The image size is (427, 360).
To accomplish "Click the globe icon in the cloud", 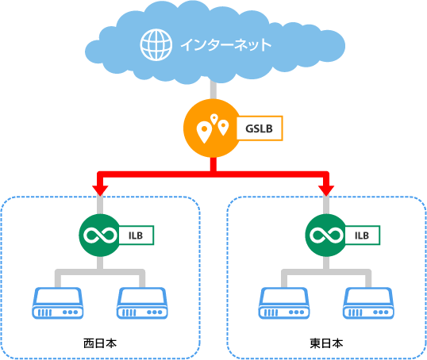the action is (156, 44).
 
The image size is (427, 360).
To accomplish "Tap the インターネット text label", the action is (225, 45).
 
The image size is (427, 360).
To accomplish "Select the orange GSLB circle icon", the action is (213, 128).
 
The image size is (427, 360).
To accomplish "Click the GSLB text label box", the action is (260, 128).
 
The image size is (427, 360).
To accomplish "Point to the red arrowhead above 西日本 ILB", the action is (100, 190).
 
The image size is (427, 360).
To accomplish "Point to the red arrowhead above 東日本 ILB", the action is (326, 190).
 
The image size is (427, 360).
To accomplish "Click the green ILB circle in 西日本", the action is (100, 235).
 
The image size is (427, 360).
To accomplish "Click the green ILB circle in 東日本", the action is (326, 235).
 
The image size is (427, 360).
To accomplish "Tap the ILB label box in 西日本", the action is (137, 236).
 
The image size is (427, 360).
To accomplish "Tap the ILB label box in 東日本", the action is (363, 236).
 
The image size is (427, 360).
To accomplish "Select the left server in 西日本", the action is (57, 303).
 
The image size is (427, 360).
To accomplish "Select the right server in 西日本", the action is (142, 303).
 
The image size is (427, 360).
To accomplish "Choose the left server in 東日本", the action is (284, 303).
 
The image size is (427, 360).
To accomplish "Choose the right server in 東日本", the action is (368, 303).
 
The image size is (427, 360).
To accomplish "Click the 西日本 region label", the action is (100, 343).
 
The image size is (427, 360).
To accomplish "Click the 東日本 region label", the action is (326, 343).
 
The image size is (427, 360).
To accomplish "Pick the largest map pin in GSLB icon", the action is (204, 132).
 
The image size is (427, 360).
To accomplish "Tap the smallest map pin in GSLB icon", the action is (214, 119).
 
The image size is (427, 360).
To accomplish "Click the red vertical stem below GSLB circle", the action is (213, 164).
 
